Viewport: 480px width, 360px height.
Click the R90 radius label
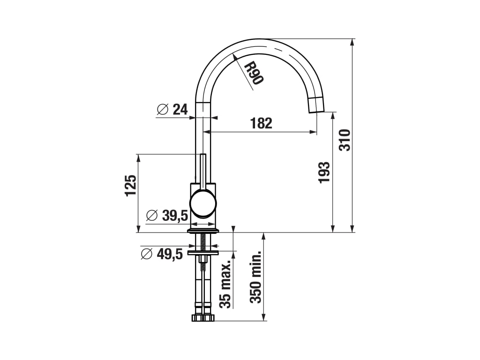255,73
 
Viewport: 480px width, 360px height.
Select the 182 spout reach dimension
261,123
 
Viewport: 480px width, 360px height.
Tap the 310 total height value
345,140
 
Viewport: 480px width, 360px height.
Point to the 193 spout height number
324,172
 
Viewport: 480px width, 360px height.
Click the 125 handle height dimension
131,185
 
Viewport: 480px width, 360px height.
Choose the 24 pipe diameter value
180,109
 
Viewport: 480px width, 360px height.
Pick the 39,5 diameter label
175,216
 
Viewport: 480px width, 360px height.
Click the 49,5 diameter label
170,254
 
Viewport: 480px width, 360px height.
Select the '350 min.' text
256,277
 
